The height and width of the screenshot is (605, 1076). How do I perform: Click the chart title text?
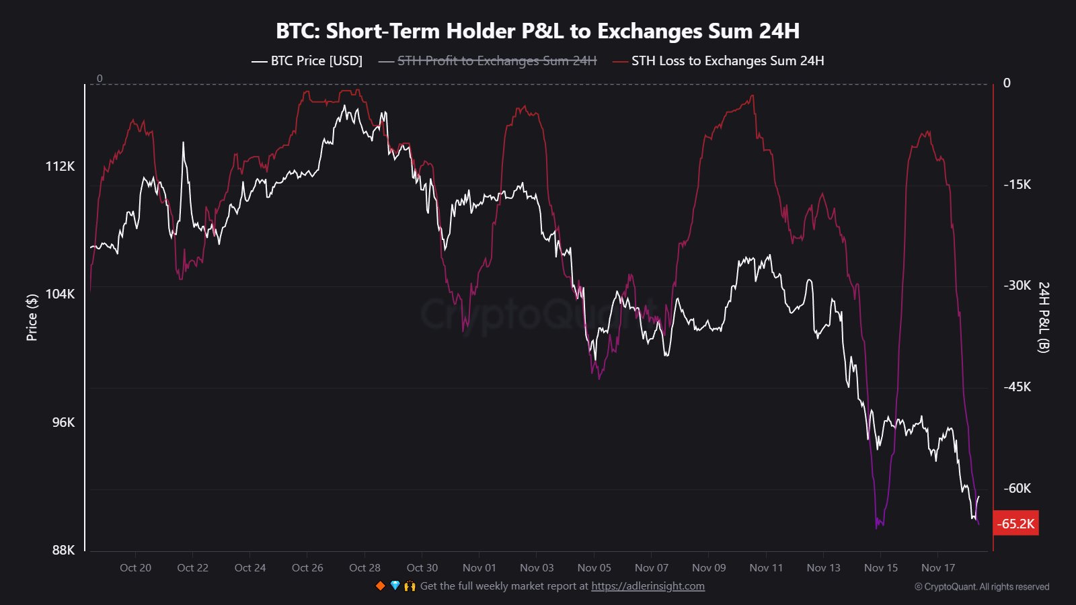[x=537, y=31]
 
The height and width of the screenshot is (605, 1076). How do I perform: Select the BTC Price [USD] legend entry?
[x=307, y=61]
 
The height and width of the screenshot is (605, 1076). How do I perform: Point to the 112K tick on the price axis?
[x=60, y=166]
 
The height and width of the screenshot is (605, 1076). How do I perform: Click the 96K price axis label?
[x=63, y=422]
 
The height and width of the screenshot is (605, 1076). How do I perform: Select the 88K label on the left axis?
[x=63, y=550]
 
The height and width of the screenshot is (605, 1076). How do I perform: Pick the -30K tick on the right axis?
[x=1017, y=285]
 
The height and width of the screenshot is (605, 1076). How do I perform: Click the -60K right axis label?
[x=1017, y=488]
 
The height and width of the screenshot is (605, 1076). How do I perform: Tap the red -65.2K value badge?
[x=1015, y=524]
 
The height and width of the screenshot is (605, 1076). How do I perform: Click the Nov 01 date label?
[x=479, y=567]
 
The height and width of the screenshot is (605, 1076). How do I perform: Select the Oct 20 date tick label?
[x=135, y=567]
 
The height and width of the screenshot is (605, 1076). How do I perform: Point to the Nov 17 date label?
[x=937, y=567]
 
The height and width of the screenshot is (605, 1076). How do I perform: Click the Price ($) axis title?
[x=32, y=317]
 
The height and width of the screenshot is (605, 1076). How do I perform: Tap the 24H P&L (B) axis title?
[x=1043, y=317]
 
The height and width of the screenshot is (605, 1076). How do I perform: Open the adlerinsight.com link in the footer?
[x=648, y=586]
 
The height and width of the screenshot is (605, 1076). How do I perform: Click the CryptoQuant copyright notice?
[x=981, y=587]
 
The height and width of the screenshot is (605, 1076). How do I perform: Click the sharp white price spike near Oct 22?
[x=183, y=143]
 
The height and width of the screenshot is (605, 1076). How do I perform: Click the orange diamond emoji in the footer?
[x=380, y=586]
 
